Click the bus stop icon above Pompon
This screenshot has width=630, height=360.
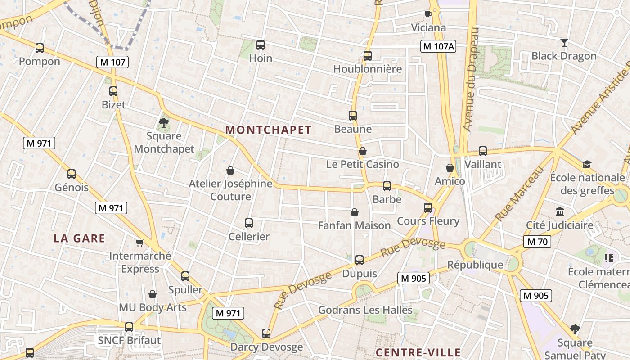[40, 48]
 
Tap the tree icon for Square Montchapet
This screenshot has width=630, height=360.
[164, 122]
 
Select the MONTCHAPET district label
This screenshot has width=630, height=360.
[268, 130]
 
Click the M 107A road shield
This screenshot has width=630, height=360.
[438, 46]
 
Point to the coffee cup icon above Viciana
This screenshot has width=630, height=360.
[428, 14]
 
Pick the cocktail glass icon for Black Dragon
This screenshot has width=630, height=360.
[564, 43]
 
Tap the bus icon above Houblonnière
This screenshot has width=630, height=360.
[368, 56]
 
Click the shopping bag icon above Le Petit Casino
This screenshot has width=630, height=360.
[363, 151]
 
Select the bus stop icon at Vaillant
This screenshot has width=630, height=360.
[483, 151]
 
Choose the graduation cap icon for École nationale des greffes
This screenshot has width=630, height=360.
[587, 164]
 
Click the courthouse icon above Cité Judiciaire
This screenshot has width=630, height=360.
[560, 211]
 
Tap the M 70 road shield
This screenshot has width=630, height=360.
[537, 242]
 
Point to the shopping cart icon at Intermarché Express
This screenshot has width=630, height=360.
[140, 243]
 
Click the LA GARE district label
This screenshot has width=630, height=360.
[80, 238]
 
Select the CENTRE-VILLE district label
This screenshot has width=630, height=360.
[418, 352]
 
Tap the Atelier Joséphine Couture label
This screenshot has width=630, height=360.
[230, 190]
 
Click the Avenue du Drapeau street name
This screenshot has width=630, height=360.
[471, 81]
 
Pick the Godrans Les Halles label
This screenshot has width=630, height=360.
[365, 310]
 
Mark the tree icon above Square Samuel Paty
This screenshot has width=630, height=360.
[575, 329]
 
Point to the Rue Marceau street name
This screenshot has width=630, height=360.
[519, 194]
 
